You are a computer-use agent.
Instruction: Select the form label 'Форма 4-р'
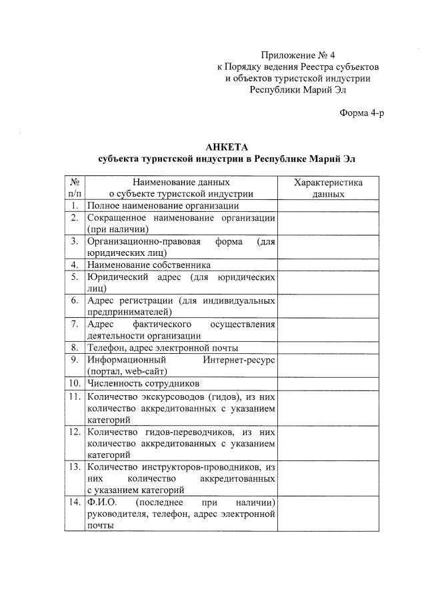(x=362, y=113)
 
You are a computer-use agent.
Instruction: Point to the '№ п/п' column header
(x=75, y=188)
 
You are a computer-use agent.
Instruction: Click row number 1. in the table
(x=75, y=206)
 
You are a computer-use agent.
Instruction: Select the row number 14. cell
(x=75, y=502)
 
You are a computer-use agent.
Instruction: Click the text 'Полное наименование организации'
(x=153, y=206)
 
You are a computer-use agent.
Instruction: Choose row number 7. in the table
(x=75, y=324)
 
